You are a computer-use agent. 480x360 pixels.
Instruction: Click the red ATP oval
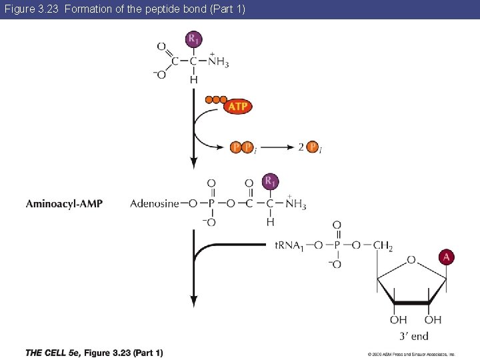click(238, 107)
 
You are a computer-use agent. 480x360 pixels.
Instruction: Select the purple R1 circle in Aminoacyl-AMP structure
click(270, 181)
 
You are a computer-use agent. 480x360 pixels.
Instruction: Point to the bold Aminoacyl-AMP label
click(64, 203)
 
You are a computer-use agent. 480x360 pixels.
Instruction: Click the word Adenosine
click(155, 203)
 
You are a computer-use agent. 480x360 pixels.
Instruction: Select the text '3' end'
click(414, 336)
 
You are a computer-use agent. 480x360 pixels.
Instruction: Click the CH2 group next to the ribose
click(383, 246)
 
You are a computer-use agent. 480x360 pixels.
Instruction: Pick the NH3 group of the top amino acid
click(218, 62)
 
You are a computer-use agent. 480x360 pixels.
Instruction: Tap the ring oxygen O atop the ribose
click(411, 260)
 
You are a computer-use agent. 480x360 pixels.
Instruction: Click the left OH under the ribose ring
click(399, 321)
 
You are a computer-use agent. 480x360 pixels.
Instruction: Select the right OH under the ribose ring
click(433, 321)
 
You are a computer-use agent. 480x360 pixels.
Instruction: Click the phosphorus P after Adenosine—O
click(211, 203)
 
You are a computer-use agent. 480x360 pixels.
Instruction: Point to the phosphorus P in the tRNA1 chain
click(337, 246)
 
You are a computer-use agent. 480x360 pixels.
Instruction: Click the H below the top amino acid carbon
click(193, 79)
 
